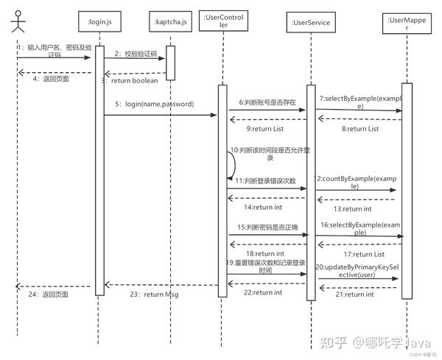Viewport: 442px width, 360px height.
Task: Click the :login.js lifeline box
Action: click(x=99, y=23)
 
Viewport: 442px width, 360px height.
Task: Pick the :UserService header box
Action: click(x=310, y=23)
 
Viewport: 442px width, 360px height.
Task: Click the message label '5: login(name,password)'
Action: click(x=154, y=105)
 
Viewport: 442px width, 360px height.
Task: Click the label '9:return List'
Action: click(x=265, y=129)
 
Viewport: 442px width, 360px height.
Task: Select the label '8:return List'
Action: click(x=359, y=129)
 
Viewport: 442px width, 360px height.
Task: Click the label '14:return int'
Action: click(x=262, y=207)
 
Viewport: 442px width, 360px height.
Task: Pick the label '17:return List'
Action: click(x=363, y=254)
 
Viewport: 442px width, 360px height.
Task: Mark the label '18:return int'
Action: click(x=264, y=253)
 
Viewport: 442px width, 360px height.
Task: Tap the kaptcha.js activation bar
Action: click(x=169, y=63)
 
